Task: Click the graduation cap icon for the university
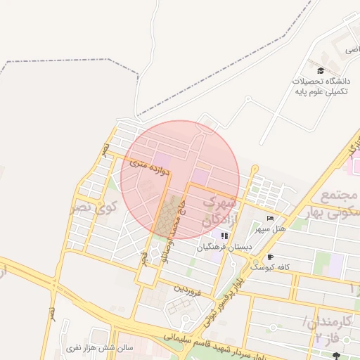321,71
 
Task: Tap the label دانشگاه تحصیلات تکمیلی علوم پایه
321,86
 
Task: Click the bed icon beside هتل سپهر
271,219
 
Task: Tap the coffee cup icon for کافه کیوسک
271,257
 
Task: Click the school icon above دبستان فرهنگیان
224,236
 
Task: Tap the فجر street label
144,257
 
